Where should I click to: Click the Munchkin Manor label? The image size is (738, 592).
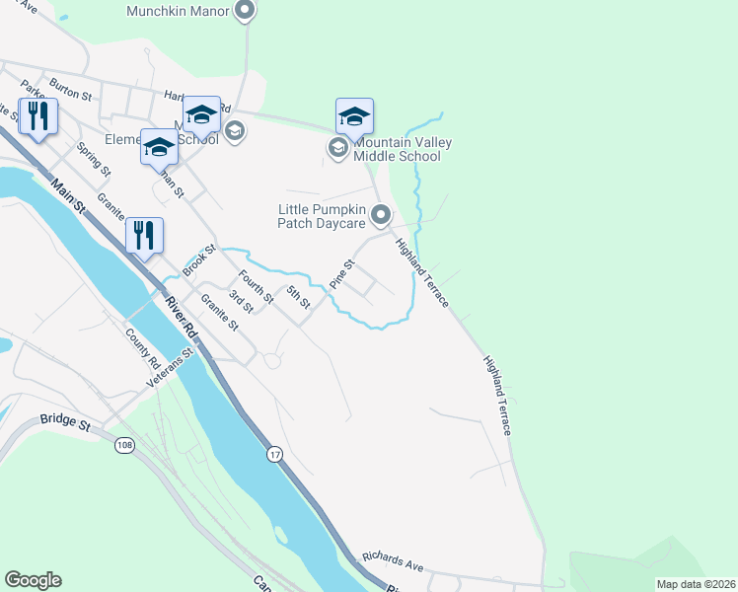tap(178, 12)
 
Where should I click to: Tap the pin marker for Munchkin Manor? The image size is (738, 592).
tap(246, 12)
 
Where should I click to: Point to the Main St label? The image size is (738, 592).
tap(71, 198)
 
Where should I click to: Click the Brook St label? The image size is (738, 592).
tap(198, 259)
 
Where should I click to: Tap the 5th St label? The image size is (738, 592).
tap(298, 296)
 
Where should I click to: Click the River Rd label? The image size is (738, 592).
tap(182, 318)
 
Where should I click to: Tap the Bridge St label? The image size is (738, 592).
tap(65, 421)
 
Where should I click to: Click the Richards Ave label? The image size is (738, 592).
tap(392, 561)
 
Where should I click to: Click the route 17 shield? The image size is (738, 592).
tap(274, 454)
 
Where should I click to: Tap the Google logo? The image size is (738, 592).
tap(33, 580)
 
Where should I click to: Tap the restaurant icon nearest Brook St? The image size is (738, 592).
tap(144, 235)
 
